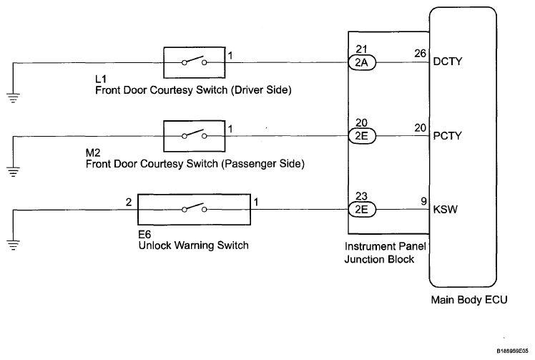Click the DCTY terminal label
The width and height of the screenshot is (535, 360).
447,62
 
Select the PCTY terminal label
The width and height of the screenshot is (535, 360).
447,136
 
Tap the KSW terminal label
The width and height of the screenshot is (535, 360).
446,210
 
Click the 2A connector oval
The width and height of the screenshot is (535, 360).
362,62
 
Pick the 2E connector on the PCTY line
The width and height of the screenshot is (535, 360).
362,136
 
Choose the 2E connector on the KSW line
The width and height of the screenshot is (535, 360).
362,210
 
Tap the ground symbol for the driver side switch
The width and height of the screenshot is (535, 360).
13,98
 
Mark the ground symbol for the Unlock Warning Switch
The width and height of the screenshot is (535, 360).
13,245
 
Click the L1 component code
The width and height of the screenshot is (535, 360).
101,79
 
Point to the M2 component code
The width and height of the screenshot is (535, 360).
93,152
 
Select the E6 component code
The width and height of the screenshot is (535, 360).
144,234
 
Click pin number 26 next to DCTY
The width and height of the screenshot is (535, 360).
421,54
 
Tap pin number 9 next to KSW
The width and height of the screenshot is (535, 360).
423,201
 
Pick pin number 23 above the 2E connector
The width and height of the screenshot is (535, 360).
362,196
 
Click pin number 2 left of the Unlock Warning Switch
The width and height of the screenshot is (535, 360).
129,203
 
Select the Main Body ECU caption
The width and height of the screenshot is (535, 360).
469,300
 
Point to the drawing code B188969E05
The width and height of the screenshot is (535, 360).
512,351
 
